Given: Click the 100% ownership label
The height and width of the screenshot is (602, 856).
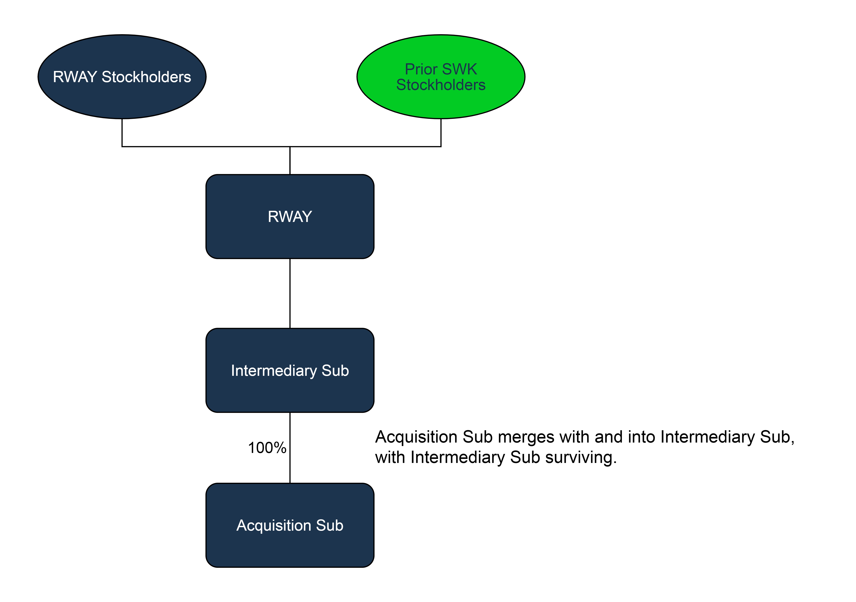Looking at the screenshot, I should tap(267, 448).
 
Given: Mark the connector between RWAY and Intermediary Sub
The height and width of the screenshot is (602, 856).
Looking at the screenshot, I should tap(290, 293).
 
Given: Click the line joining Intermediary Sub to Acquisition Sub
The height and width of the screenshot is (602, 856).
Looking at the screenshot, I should tap(290, 466).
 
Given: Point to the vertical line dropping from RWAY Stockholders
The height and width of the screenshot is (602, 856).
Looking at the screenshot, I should tap(122, 133).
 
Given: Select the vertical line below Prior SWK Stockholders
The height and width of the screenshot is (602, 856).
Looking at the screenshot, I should tap(441, 133).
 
